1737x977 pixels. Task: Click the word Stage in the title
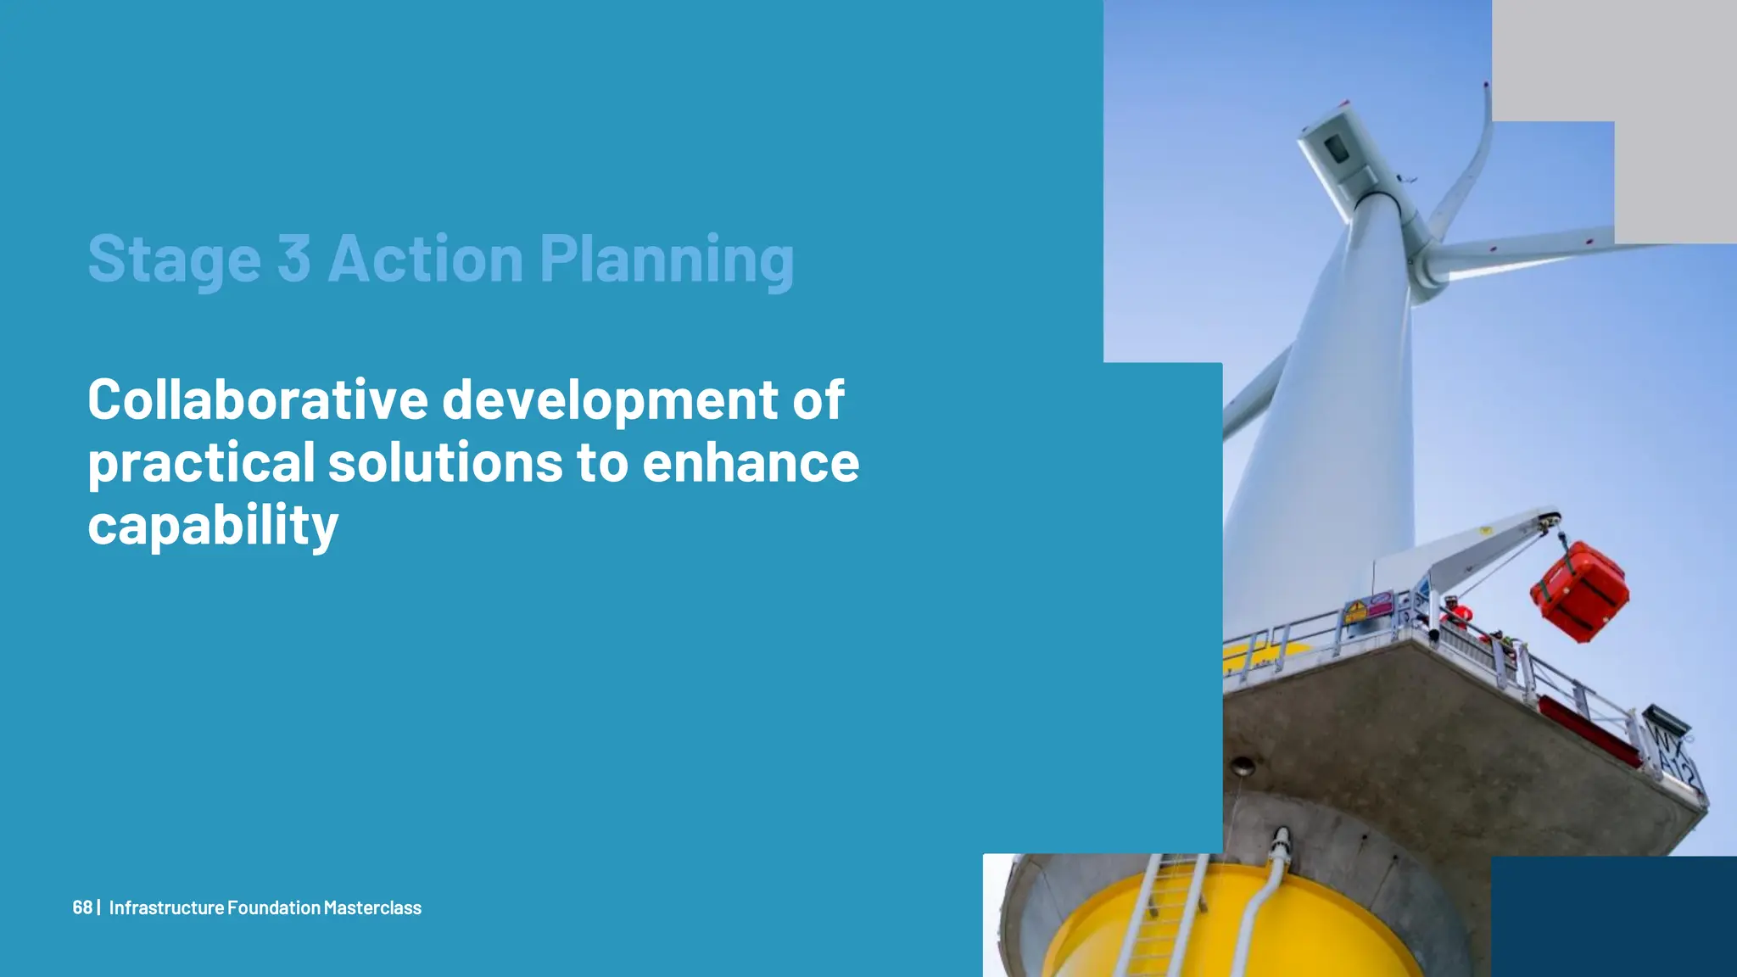(174, 259)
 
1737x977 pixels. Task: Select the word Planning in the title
(667, 259)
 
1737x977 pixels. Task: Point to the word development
(610, 400)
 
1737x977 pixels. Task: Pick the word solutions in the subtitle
(445, 463)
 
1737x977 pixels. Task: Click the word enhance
(751, 463)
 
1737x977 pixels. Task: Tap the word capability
(213, 526)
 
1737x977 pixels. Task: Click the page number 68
(82, 907)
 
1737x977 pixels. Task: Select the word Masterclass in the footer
(372, 907)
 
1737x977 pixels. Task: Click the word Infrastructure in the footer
(166, 907)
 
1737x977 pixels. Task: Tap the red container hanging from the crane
(1580, 590)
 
